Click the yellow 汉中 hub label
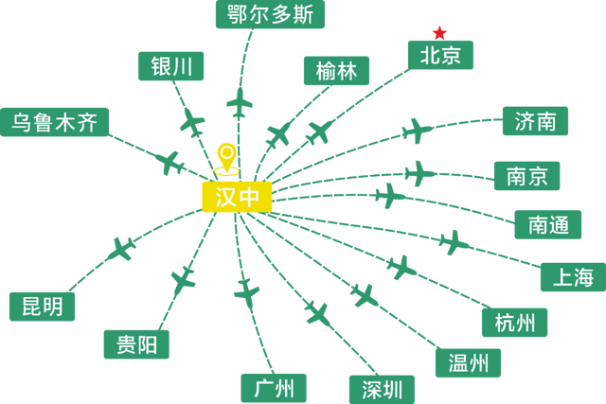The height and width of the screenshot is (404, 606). tap(237, 197)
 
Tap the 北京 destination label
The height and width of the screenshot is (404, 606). tap(439, 55)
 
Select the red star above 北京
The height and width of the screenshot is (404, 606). tap(438, 30)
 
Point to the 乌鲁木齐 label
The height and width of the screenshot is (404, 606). tap(54, 122)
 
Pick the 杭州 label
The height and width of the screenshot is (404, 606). tap(515, 323)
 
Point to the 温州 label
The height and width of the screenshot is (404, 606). tap(469, 361)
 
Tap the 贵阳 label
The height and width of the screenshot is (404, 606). tap(136, 343)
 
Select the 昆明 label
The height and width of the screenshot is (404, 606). tap(43, 307)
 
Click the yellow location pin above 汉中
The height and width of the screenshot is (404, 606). tap(224, 158)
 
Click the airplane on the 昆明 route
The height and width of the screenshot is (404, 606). tap(123, 250)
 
